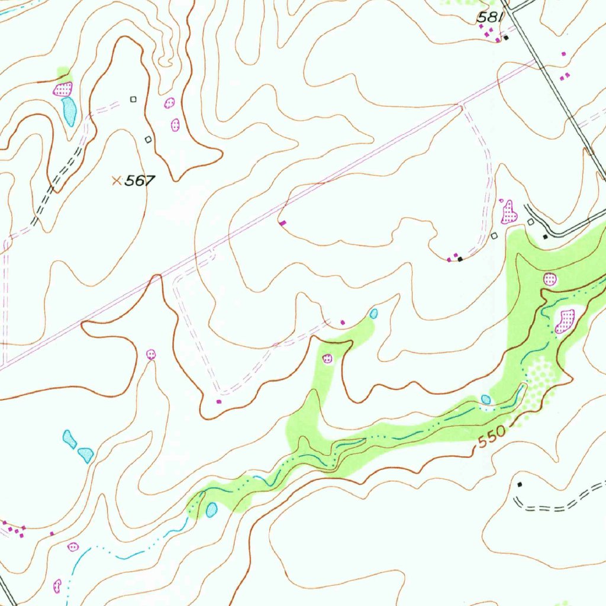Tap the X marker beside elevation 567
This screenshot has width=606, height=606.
coord(117,180)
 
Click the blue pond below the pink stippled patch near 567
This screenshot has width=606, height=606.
coord(69,111)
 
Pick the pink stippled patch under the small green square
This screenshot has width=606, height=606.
coord(63,89)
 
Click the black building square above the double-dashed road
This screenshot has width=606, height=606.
coord(520,484)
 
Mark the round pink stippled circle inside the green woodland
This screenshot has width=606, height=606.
coord(550,279)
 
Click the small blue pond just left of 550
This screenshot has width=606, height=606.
coord(486,399)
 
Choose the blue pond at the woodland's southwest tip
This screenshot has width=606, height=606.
coord(211,510)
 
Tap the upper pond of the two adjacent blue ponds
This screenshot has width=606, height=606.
coord(69,439)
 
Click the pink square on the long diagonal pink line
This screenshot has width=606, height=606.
coord(282,223)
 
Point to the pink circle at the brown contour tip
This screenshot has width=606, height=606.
coord(151,354)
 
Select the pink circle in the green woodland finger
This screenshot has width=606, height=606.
coord(327,358)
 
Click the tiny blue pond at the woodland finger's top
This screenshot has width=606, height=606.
coord(373,313)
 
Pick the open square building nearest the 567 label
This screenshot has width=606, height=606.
coord(148,139)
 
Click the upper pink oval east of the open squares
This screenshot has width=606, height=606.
coord(169,104)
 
